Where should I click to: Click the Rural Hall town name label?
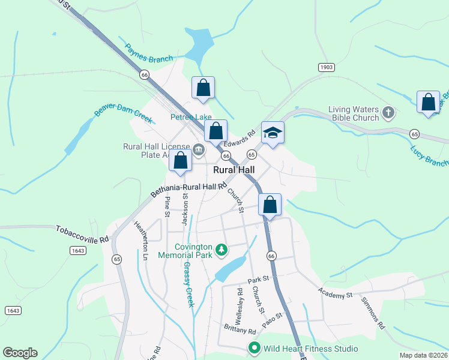coord(234,170)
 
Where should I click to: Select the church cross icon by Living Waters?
coord(388,112)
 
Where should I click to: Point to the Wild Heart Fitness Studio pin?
coord(255,348)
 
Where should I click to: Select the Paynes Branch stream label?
coord(149,53)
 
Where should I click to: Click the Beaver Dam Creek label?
coord(124,108)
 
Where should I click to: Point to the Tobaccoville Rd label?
coord(83,234)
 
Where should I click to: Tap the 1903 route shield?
coord(326,68)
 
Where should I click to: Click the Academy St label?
coord(336,295)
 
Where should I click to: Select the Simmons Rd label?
coord(372,312)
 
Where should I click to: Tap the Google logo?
coord(20,353)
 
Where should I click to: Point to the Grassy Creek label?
coord(188,284)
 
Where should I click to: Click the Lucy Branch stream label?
coord(429,156)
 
